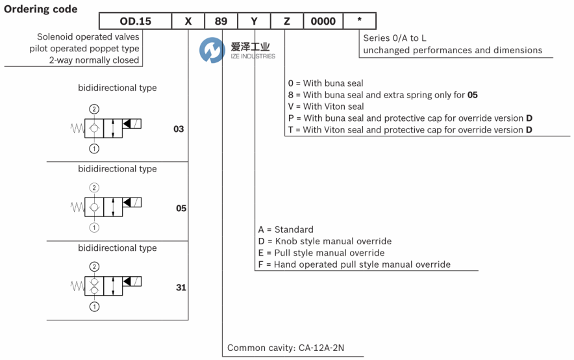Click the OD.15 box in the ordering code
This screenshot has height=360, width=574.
(135, 21)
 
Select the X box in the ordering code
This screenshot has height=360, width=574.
(188, 21)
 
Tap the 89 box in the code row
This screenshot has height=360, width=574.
(221, 21)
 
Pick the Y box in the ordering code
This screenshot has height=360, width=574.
(255, 21)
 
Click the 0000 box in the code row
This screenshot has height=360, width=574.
(323, 21)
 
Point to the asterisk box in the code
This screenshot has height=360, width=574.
(359, 21)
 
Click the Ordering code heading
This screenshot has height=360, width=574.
(41, 9)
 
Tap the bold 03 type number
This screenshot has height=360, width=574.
(179, 129)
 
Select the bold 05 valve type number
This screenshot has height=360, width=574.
(181, 209)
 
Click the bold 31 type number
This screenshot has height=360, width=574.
(181, 287)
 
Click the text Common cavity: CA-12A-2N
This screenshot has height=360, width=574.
(286, 348)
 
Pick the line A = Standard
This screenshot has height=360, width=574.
(286, 229)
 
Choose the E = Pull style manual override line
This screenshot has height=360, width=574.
(321, 253)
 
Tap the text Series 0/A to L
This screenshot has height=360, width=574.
(395, 38)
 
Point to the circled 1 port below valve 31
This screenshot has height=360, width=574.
(95, 307)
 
